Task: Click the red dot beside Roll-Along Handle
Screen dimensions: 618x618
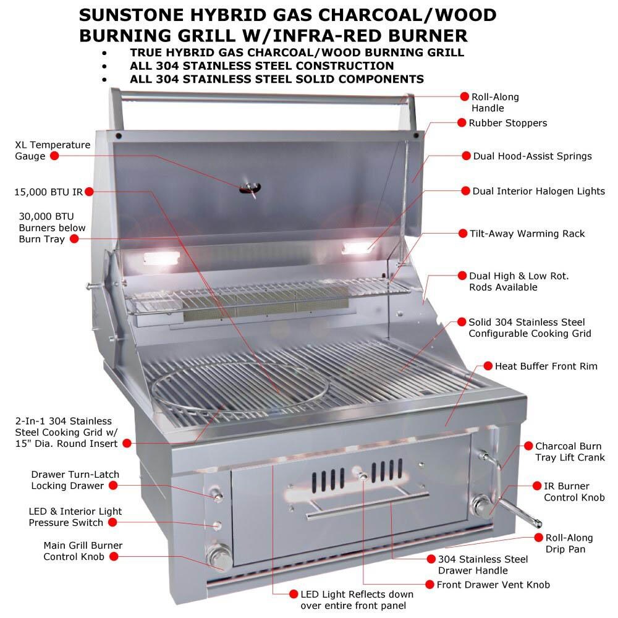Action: (x=465, y=96)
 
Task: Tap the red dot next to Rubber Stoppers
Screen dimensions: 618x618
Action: (x=462, y=122)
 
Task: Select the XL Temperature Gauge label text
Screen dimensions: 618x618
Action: (x=53, y=150)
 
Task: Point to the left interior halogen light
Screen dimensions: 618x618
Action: (x=161, y=258)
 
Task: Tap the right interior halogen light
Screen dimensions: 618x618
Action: (x=357, y=248)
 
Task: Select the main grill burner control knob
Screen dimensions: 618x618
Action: (x=219, y=556)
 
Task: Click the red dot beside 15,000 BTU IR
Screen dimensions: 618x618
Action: (x=88, y=192)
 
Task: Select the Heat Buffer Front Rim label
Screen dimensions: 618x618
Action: (x=546, y=366)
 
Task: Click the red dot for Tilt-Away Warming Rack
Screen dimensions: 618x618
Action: (x=462, y=234)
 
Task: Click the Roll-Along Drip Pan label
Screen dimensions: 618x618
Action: (x=569, y=543)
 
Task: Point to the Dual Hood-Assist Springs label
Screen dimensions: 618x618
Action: (x=532, y=156)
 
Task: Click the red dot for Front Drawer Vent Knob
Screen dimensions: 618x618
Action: (x=430, y=584)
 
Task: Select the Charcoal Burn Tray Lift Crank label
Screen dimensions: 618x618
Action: (x=569, y=452)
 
